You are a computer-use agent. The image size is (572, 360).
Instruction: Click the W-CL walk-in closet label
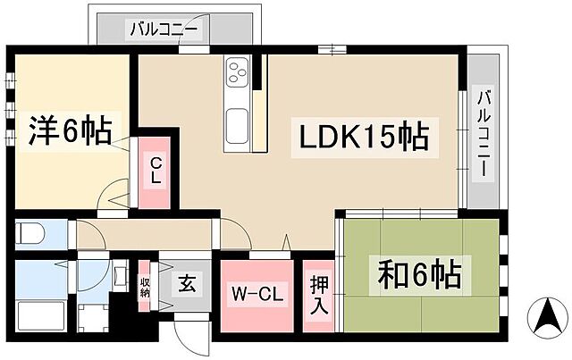pyautogui.click(x=257, y=294)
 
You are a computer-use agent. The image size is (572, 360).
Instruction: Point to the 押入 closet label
pyautogui.click(x=318, y=296)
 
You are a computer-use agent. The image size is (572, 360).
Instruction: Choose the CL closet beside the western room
pyautogui.click(x=156, y=171)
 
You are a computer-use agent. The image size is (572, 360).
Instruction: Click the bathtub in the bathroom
pyautogui.click(x=39, y=317)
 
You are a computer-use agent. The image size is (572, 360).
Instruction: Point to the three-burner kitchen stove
pyautogui.click(x=239, y=71)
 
